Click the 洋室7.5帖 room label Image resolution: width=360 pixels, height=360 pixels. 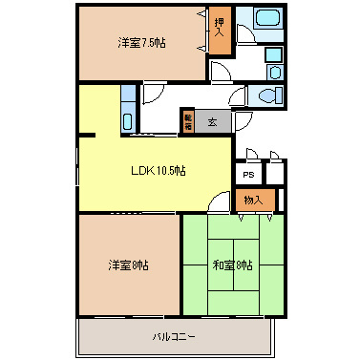141,43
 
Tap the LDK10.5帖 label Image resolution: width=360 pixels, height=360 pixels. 159,171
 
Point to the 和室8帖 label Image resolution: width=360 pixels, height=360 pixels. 232,264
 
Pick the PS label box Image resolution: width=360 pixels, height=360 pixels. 248,175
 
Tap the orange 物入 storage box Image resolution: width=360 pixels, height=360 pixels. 254,200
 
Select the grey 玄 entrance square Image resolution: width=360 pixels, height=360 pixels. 212,121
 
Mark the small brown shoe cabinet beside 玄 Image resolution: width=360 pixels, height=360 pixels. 188,120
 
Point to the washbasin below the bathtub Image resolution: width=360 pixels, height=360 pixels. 274,71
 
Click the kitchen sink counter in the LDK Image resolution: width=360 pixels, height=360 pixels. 128,118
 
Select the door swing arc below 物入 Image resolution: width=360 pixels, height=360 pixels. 220,202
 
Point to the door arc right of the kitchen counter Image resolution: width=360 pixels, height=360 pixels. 152,94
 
